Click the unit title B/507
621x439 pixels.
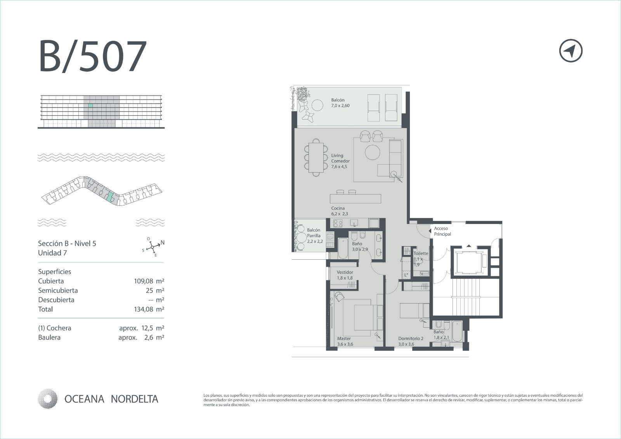[93, 56]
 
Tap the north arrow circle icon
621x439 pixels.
[571, 51]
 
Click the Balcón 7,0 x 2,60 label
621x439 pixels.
[340, 102]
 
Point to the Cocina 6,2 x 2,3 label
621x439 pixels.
[339, 211]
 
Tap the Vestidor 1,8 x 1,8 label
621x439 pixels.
[345, 275]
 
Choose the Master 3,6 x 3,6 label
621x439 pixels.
[345, 341]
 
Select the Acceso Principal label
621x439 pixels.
[442, 231]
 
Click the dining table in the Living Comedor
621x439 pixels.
[316, 158]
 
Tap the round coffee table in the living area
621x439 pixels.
[372, 152]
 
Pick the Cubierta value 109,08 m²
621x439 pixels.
[149, 281]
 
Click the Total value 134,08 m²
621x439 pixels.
[149, 309]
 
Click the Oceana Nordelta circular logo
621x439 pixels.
[48, 399]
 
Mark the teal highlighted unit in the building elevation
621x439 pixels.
[90, 106]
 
